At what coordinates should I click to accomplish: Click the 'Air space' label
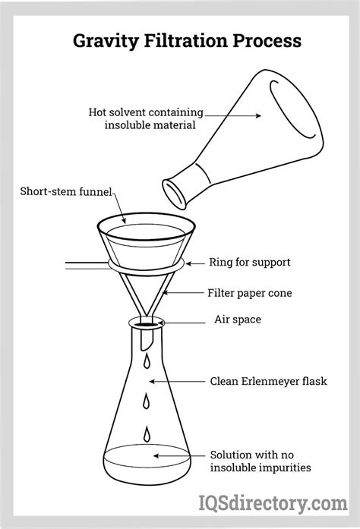pos(237,320)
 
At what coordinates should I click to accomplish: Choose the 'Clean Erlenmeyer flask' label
pos(268,380)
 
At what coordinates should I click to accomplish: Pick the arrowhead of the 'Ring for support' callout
pos(186,263)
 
